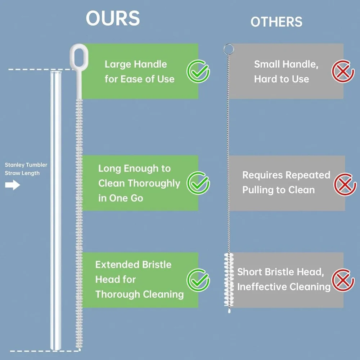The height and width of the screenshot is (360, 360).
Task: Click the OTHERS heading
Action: pyautogui.click(x=276, y=22)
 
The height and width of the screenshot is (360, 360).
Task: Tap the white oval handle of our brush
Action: pyautogui.click(x=78, y=54)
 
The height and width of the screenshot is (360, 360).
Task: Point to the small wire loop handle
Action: pyautogui.click(x=227, y=48)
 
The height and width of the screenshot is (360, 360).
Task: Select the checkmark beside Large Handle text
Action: pyautogui.click(x=198, y=71)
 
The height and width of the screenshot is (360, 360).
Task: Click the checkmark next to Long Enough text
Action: pyautogui.click(x=198, y=183)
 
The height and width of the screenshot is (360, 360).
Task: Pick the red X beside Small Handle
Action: pyautogui.click(x=343, y=71)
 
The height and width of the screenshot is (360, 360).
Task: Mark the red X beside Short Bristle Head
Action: pyautogui.click(x=343, y=280)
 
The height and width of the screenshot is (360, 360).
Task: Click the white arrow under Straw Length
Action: pyautogui.click(x=12, y=186)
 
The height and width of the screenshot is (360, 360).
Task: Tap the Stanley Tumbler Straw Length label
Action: pyautogui.click(x=26, y=169)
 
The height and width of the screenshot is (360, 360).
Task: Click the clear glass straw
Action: pyautogui.click(x=56, y=209)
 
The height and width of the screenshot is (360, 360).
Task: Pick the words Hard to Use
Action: pyautogui.click(x=282, y=79)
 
